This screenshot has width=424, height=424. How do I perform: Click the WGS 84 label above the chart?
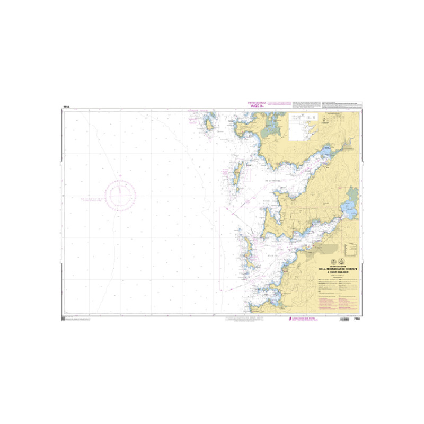[x=257, y=104]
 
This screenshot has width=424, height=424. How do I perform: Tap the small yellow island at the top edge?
[x=210, y=124]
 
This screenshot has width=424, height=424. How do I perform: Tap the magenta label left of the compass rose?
[x=91, y=199]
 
